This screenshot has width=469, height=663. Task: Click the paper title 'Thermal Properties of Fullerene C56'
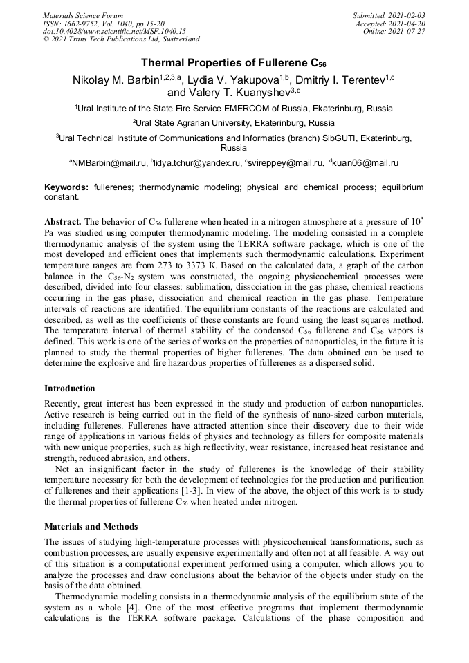pyautogui.click(x=234, y=63)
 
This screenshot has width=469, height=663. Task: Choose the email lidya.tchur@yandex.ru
pyautogui.click(x=198, y=163)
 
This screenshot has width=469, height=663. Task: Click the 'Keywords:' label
pyautogui.click(x=66, y=187)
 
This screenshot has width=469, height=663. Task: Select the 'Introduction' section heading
pyautogui.click(x=70, y=389)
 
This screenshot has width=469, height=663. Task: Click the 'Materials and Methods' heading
pyautogui.click(x=91, y=527)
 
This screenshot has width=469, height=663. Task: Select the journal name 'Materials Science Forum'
pyautogui.click(x=83, y=15)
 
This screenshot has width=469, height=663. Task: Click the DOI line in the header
pyautogui.click(x=114, y=32)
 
